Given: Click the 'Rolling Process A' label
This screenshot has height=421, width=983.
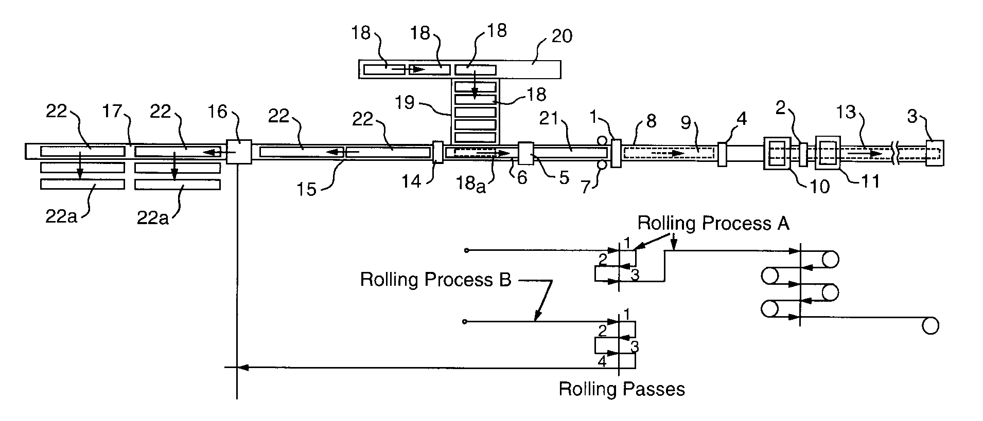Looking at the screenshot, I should (x=713, y=223).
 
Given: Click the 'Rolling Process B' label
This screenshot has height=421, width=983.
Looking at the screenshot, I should (x=435, y=280).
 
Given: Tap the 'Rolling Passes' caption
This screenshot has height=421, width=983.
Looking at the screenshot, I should (x=622, y=389).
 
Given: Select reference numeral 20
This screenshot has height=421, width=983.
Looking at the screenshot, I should (x=561, y=36).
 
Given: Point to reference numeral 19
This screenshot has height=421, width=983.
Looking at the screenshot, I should (x=405, y=102).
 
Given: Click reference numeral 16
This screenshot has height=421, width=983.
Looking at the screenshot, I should (x=218, y=112).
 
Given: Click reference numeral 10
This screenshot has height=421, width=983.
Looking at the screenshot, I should (x=820, y=186).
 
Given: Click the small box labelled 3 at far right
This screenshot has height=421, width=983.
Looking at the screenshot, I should (x=935, y=153).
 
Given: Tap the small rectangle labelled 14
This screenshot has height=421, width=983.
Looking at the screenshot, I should (x=438, y=152).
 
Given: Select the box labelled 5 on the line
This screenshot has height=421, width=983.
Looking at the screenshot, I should (x=526, y=153).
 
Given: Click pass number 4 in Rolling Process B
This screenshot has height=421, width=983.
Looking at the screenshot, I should (x=602, y=362).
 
